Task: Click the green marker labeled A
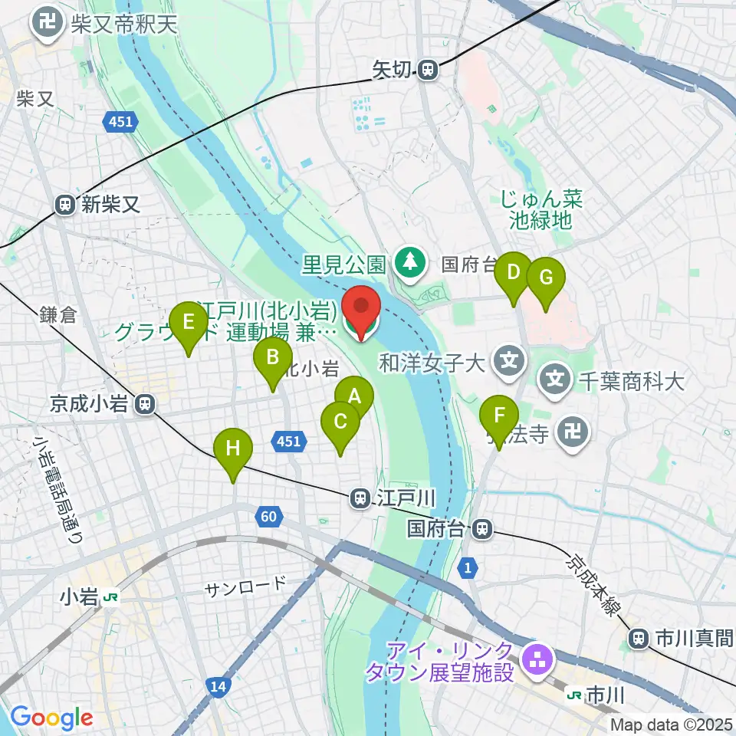pos(354,397)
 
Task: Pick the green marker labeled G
pos(545,278)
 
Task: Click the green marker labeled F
pos(499,417)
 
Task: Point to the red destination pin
pos(360,308)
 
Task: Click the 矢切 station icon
pos(428,71)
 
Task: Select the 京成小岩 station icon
pos(145,403)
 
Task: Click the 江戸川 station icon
pos(359,499)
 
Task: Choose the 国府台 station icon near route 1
pos(482,527)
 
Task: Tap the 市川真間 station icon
pos(638,637)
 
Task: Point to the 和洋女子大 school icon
pos(508,358)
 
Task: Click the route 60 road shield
pos(268,517)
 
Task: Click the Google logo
pos(51,718)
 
